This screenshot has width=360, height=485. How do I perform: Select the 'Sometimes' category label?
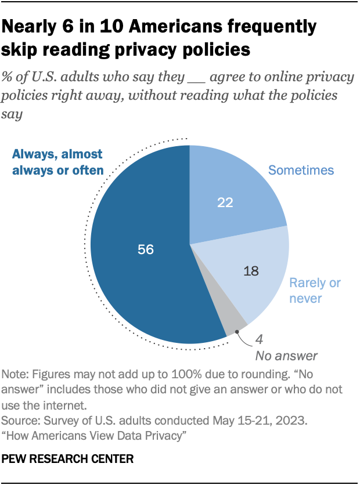pyautogui.click(x=300, y=170)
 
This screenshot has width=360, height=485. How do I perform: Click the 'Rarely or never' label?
pyautogui.click(x=315, y=291)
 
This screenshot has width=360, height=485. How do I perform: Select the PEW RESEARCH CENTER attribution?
pyautogui.click(x=68, y=459)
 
